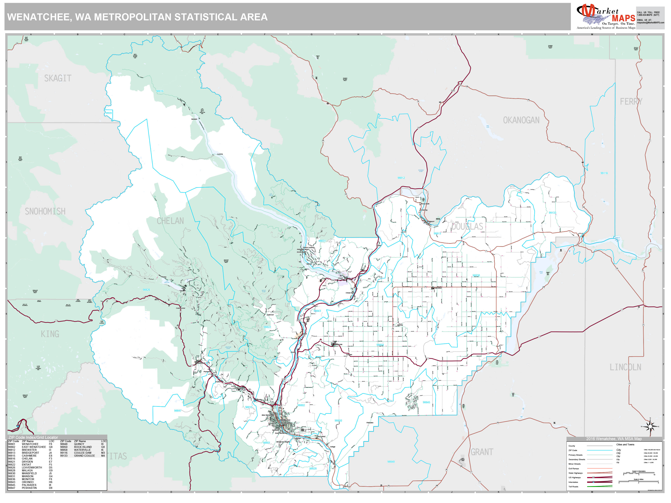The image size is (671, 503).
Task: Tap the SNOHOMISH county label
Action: [45, 211]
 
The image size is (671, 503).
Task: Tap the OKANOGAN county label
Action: [521, 120]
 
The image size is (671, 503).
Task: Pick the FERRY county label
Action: [631, 101]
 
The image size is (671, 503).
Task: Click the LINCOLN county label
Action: [626, 367]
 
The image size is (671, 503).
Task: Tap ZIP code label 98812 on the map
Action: [401, 178]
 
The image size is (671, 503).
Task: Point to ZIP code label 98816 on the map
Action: [160, 91]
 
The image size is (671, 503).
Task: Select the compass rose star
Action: [650, 427]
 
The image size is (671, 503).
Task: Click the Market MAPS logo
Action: [606, 17]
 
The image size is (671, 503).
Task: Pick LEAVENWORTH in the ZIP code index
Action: [32, 467]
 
